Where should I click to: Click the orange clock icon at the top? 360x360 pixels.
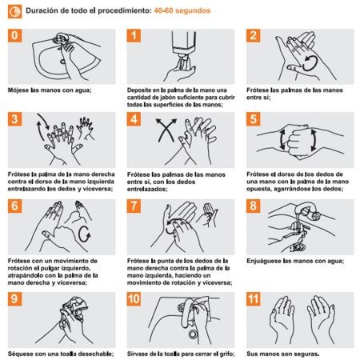pos(14,11)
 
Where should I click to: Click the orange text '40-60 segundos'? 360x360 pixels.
pos(182,10)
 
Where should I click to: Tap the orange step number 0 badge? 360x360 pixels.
pos(14,35)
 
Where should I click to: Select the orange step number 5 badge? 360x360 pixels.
pos(254,119)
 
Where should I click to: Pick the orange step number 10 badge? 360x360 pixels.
pos(134,298)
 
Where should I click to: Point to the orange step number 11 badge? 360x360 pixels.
pos(254,298)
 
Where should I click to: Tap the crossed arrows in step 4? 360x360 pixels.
pos(166,130)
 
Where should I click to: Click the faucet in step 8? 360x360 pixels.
pos(310,210)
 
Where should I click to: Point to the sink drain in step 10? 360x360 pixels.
pos(193,334)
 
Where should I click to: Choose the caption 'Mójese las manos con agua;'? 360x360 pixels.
pos(50,90)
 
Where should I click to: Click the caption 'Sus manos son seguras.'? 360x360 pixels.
pos(283,354)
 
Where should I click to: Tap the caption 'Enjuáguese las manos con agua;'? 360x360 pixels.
pos(295,261)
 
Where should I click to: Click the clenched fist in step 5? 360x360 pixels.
pos(298,141)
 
